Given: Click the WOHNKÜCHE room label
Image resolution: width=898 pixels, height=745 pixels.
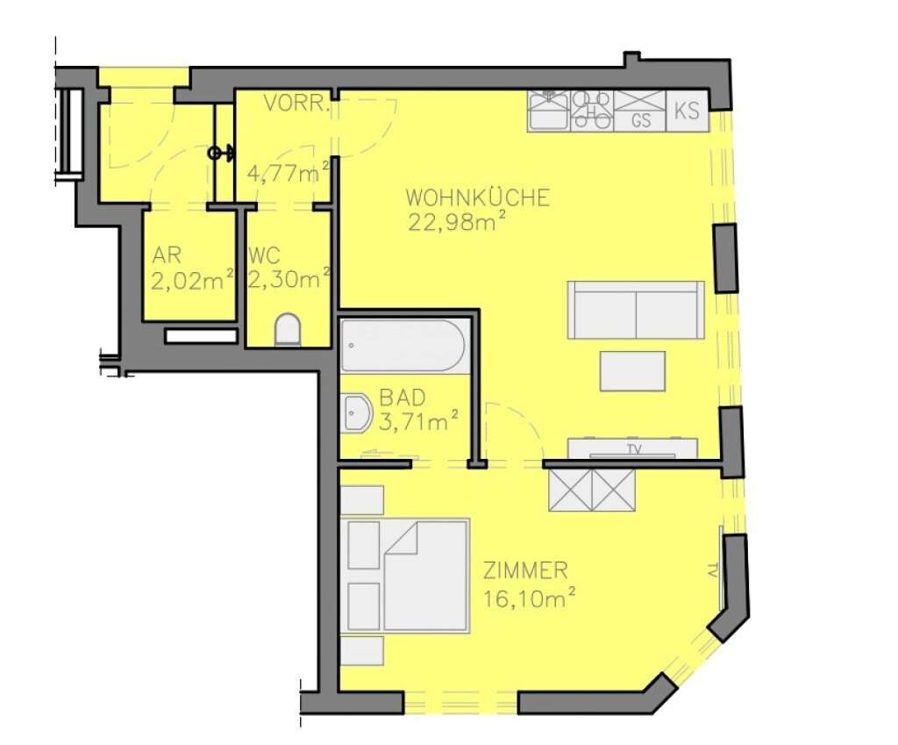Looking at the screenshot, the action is (478, 197).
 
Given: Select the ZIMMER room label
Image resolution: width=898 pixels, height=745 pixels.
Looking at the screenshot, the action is (526, 570).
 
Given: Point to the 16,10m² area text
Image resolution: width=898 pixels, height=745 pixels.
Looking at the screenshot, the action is (529, 598).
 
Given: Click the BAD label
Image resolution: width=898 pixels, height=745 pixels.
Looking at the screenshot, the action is (403, 398).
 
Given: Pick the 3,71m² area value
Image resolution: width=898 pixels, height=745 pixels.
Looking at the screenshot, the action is (418, 422).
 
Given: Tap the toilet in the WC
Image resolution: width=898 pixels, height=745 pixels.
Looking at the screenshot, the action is (288, 330).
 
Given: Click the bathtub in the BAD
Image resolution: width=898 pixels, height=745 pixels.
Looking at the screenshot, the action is (403, 346).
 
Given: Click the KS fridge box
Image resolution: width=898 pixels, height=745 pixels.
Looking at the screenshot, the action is (688, 111).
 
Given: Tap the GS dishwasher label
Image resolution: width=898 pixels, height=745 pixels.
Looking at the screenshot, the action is (641, 120).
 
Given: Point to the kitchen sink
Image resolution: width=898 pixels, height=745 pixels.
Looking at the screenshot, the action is (549, 111).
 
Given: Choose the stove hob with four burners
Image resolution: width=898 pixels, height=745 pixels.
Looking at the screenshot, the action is (592, 111).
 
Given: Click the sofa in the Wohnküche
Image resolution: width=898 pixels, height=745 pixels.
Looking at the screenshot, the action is (636, 310).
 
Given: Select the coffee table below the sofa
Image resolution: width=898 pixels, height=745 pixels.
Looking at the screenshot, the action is (632, 371).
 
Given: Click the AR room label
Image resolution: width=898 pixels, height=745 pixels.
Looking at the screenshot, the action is (167, 255).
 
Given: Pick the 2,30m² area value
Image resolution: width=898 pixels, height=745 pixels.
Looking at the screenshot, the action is (289, 279).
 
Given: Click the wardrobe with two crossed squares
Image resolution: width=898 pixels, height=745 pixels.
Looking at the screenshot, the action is (592, 490).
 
